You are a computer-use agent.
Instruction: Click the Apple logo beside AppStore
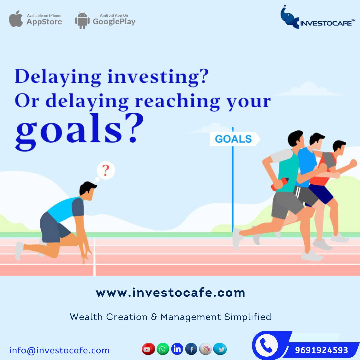(x=16, y=19)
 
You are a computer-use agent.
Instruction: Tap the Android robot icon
(x=82, y=21)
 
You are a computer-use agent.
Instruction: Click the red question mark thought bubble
(x=106, y=170)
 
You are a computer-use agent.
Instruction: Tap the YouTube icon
(x=148, y=349)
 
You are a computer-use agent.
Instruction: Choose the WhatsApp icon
(x=163, y=349)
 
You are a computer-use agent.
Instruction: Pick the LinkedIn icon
(x=177, y=349)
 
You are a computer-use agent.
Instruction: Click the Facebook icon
(x=191, y=349)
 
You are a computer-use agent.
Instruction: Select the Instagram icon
(x=206, y=349)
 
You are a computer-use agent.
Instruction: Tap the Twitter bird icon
(x=220, y=349)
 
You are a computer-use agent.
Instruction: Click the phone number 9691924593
(x=321, y=350)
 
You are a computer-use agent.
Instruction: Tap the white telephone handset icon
(x=266, y=345)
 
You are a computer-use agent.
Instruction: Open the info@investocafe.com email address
(x=59, y=351)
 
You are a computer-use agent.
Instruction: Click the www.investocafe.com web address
(x=170, y=293)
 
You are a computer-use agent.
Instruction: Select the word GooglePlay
(x=114, y=22)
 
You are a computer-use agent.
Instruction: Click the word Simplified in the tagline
(x=248, y=317)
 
